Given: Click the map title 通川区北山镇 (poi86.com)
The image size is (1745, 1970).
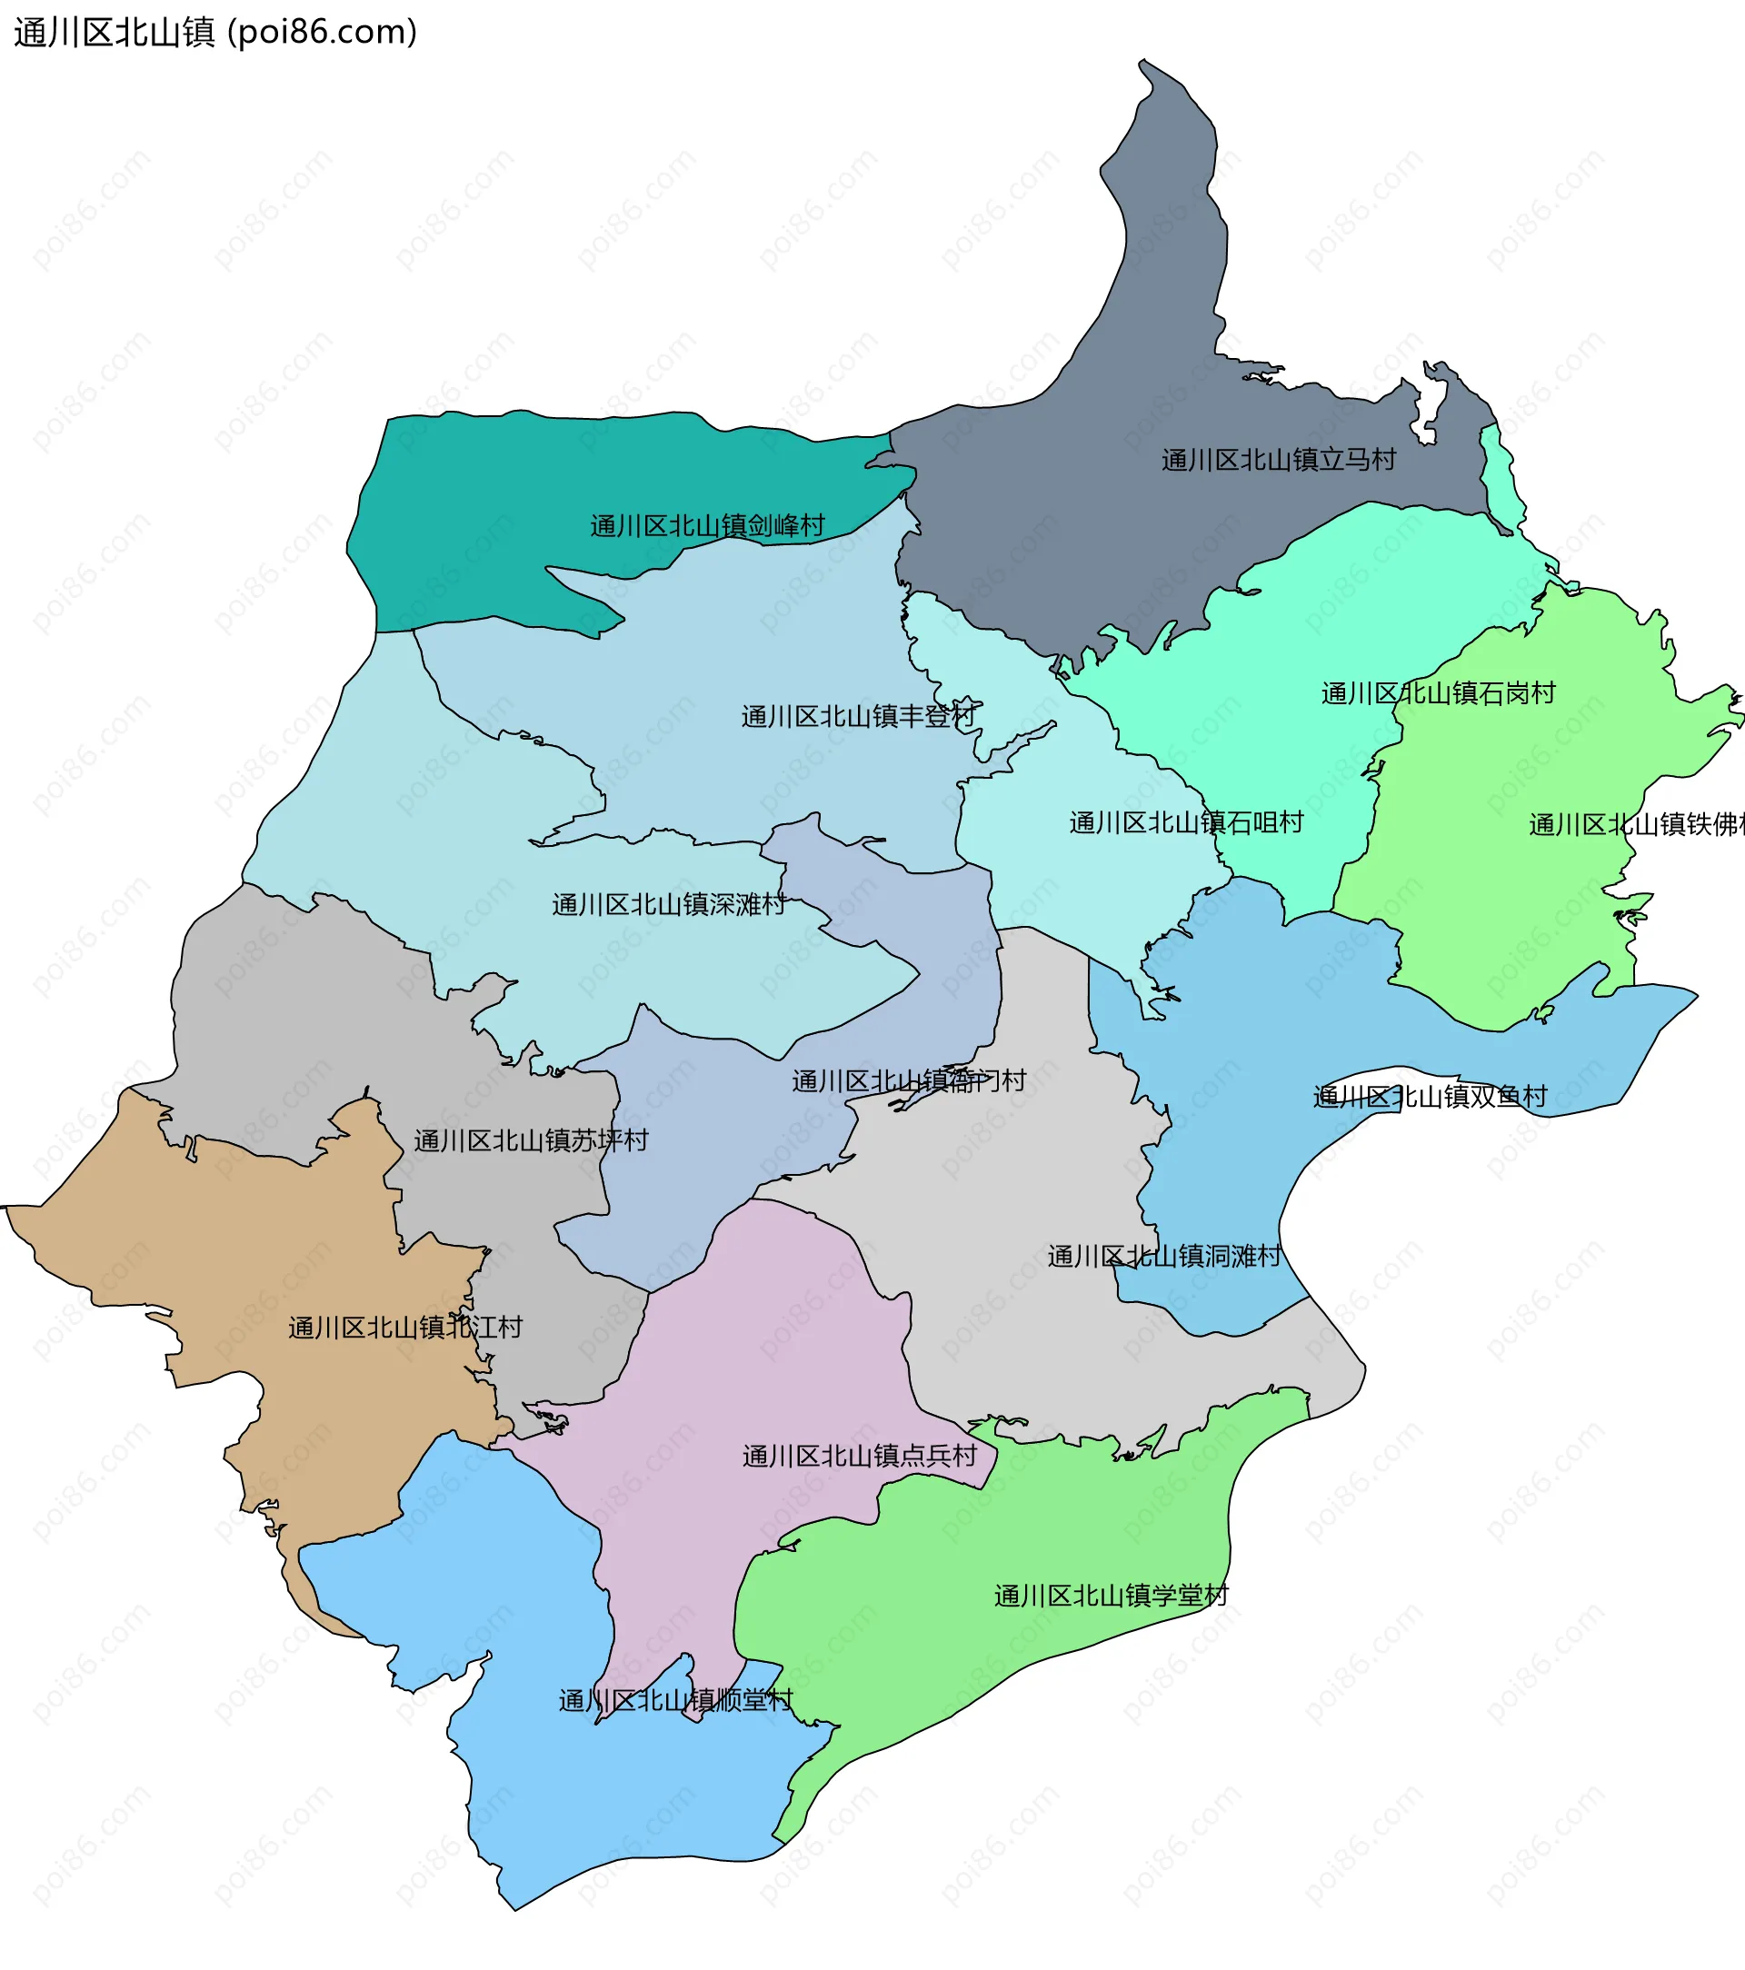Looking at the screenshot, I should (x=215, y=33).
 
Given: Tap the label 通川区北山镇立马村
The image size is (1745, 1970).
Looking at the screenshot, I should (x=1278, y=461).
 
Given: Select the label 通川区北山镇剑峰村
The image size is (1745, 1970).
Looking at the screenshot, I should (x=707, y=526).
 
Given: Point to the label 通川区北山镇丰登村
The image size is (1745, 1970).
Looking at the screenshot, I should (x=858, y=717).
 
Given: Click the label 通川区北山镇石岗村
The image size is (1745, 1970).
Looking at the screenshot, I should (x=1438, y=694).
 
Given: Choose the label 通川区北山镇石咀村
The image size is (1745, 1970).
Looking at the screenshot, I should (x=1186, y=823).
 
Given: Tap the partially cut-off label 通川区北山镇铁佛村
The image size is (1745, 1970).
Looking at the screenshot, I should (x=1635, y=825).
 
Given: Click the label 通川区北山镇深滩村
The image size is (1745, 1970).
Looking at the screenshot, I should (x=668, y=905).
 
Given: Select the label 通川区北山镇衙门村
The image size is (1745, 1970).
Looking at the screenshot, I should (x=908, y=1081).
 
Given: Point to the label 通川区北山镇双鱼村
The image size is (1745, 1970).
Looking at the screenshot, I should (x=1429, y=1097).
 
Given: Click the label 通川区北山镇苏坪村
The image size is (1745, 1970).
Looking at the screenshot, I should (x=531, y=1141).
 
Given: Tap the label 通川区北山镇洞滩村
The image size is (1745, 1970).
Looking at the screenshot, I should (x=1163, y=1257).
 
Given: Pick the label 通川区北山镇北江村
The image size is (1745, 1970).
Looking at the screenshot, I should (x=405, y=1328).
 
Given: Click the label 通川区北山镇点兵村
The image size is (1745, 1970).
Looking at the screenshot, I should (x=859, y=1457).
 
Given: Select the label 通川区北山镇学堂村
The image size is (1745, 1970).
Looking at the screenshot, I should (x=1111, y=1596).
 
